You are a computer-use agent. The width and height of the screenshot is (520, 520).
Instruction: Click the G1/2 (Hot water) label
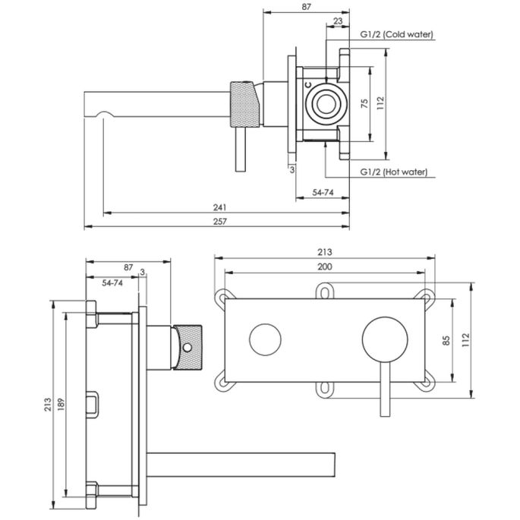pos(392,173)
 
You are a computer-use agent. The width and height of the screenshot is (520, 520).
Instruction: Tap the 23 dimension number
pos(336,21)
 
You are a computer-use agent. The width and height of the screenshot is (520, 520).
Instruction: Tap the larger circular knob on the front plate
pos(379,338)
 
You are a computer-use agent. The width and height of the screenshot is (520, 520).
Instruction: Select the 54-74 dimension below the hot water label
pos(324,194)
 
